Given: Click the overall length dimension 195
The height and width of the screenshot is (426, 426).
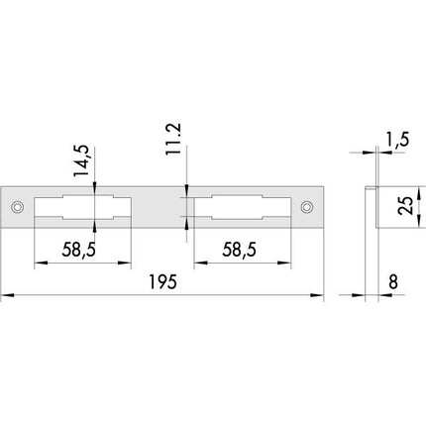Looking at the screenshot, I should [x=164, y=283].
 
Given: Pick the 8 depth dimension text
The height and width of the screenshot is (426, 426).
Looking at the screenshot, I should [x=394, y=283].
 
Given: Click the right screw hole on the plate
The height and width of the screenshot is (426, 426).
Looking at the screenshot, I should [x=307, y=208].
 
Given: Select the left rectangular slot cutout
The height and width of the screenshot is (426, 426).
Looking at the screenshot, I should [x=83, y=208].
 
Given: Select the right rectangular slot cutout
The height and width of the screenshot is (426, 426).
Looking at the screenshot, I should [x=243, y=208].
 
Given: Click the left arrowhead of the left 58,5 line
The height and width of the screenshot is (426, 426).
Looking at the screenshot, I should [x=38, y=265].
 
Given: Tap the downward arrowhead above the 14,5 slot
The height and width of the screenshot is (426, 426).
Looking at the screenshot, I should [x=96, y=190].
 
